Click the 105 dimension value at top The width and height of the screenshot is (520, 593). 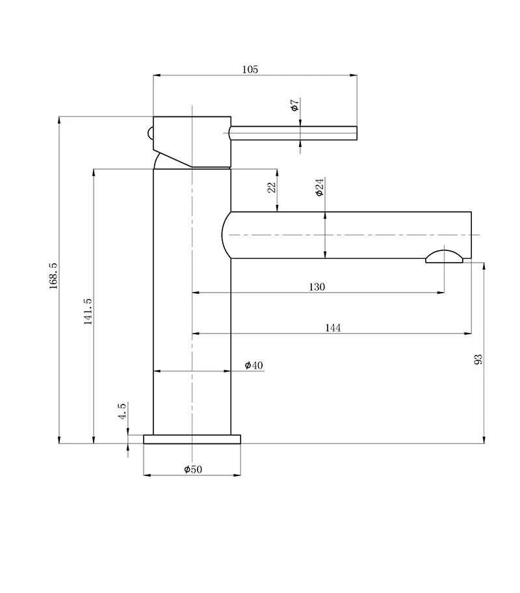250,70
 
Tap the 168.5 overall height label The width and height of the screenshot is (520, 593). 53,276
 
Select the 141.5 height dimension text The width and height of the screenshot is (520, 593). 88,311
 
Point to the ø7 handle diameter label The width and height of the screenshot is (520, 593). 295,105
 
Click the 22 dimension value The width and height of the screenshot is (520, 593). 272,187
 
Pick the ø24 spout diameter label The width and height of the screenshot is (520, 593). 320,187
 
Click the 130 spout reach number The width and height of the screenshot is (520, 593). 317,287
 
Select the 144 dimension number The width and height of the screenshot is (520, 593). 333,328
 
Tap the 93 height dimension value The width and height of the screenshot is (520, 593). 478,360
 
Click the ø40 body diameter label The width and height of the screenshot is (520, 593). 253,365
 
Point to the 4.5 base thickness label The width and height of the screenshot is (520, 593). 122,411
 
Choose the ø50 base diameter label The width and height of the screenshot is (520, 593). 193,469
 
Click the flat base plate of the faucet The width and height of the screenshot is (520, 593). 192,439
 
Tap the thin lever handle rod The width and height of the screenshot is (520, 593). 293,133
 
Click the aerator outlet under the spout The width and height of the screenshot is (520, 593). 444,256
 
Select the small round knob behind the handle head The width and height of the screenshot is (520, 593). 150,133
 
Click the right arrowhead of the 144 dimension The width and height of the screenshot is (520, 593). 468,334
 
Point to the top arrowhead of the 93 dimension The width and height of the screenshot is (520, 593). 484,265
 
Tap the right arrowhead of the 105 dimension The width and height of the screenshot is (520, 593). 353,75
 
